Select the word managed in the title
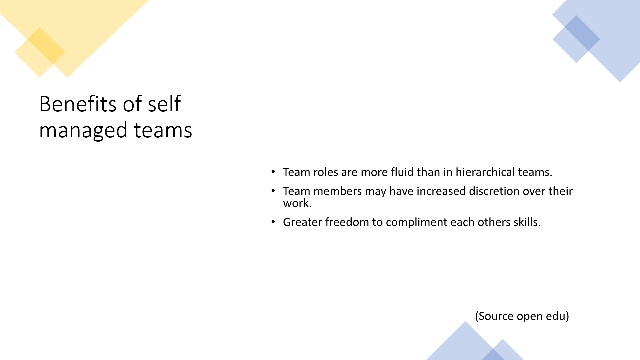[x=83, y=130]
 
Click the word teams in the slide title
[x=163, y=130]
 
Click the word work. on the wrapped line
[x=297, y=203]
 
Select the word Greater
[x=302, y=222]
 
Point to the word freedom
[x=347, y=222]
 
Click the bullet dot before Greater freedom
[x=273, y=222]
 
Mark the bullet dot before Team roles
[x=273, y=172]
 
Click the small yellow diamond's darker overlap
[x=46, y=45]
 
